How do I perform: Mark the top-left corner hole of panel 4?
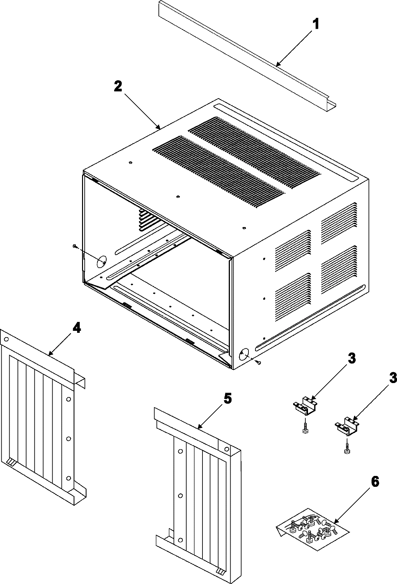(x=6, y=339)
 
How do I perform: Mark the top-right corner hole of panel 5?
(x=227, y=448)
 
